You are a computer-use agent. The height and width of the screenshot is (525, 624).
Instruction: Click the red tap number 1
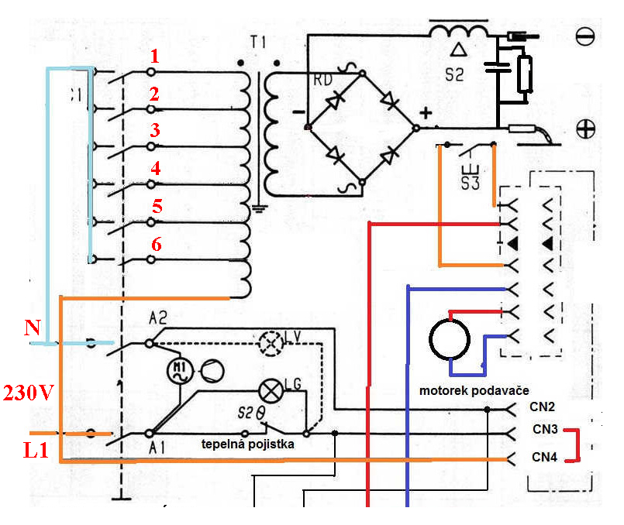tap(154, 56)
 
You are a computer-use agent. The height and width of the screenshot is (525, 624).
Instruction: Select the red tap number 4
tap(155, 167)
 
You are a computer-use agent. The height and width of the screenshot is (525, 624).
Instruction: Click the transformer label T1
tap(257, 41)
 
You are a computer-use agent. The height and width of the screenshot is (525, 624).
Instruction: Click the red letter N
tap(32, 328)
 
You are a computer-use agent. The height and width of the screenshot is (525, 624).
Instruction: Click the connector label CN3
tap(545, 427)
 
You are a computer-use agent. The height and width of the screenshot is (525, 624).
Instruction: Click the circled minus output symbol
tap(586, 36)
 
